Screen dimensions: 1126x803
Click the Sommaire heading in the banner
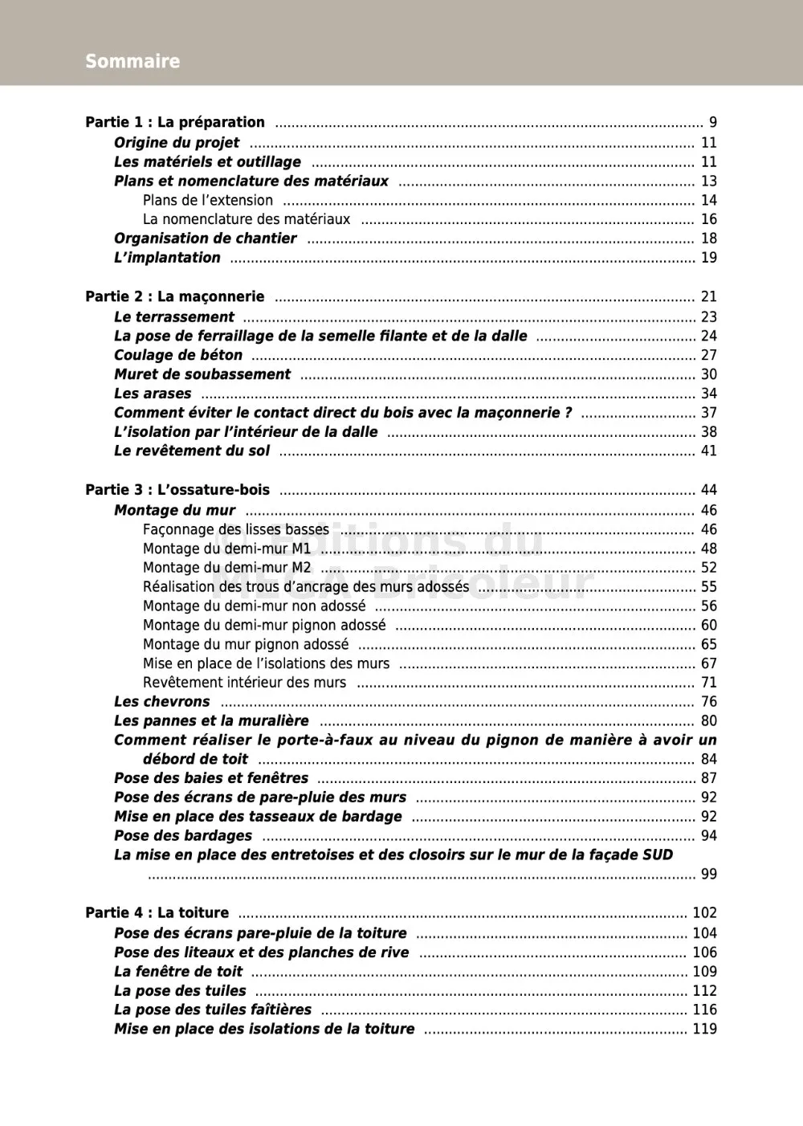(x=132, y=61)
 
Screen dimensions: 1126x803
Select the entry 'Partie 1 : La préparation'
(x=175, y=122)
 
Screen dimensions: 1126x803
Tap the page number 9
(x=712, y=122)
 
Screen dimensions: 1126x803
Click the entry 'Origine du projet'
(x=177, y=142)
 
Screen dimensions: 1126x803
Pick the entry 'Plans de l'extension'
(x=208, y=200)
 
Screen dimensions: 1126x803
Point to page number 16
(x=708, y=219)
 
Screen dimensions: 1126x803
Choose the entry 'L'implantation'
(x=167, y=257)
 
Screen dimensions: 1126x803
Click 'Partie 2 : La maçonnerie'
(x=175, y=296)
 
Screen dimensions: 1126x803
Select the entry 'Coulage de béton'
(x=178, y=355)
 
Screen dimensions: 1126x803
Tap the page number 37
(x=708, y=413)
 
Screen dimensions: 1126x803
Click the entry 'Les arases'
(x=153, y=394)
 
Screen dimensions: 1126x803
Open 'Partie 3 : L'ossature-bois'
(x=177, y=490)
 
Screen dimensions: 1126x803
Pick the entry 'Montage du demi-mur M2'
(x=226, y=568)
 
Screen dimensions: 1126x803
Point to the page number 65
(x=708, y=644)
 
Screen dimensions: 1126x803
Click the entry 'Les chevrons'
(x=161, y=701)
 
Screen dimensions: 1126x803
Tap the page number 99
(x=708, y=874)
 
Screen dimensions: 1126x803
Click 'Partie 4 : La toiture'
(x=157, y=912)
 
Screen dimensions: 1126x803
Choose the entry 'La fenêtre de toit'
(x=178, y=971)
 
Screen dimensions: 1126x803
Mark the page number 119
(x=704, y=1029)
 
